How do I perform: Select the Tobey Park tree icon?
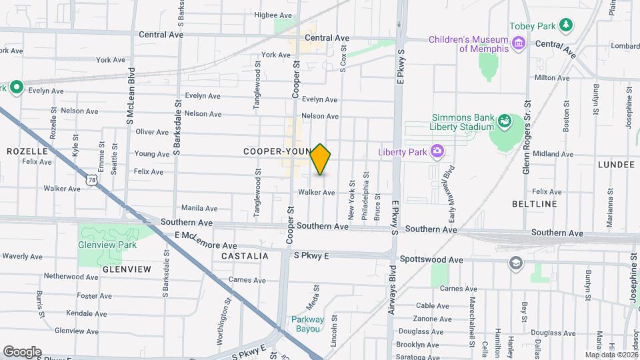click(x=566, y=25)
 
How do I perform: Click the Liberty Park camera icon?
click(x=437, y=152)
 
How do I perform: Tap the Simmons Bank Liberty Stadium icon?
click(x=505, y=121)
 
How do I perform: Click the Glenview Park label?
click(x=108, y=245)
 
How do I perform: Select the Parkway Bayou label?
click(x=307, y=324)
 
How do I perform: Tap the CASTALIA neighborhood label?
click(x=246, y=256)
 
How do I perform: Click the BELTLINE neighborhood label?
click(x=533, y=204)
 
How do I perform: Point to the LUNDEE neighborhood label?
click(x=616, y=164)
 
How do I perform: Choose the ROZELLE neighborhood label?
click(x=28, y=151)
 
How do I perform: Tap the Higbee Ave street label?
click(x=273, y=15)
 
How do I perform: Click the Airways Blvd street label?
click(x=392, y=291)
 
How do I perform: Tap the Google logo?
click(x=22, y=352)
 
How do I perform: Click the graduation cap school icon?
click(x=514, y=262)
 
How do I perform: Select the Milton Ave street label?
click(x=551, y=78)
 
